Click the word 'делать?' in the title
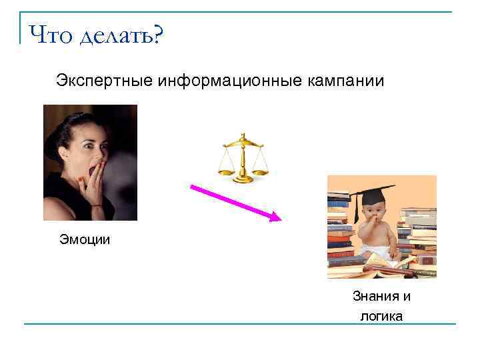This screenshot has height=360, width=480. coord(121,35)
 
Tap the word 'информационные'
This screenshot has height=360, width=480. coord(231,81)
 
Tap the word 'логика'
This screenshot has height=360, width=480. coord(381,316)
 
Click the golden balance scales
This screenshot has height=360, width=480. coord(242,158)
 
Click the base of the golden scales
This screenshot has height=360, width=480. coord(242,179)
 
